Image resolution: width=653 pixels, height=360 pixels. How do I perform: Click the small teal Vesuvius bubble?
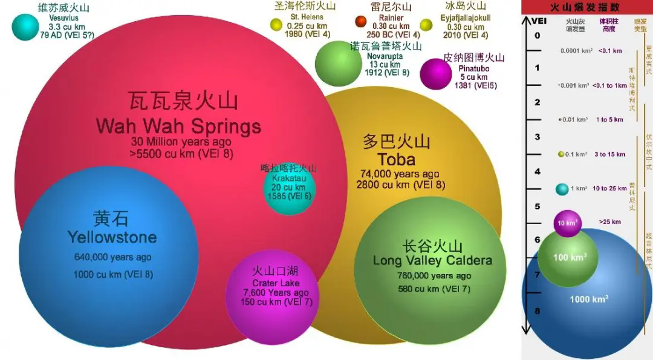tap(25, 27)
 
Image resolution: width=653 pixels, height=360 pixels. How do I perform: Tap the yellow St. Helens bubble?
tap(276, 25)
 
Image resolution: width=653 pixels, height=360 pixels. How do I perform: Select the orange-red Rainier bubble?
tap(361, 22)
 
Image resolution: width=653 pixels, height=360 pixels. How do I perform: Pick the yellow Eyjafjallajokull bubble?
tap(426, 25)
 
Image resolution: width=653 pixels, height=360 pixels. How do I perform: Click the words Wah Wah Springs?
tap(178, 126)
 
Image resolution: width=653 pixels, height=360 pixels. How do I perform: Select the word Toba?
tap(397, 160)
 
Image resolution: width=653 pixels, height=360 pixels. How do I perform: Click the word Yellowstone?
tap(112, 237)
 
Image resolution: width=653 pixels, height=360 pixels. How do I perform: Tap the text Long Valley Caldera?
tap(432, 261)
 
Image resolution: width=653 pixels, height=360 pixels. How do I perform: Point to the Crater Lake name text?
tap(276, 283)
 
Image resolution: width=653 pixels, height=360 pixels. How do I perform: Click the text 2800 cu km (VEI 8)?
tap(401, 185)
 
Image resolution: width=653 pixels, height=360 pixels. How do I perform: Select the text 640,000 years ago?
tap(112, 257)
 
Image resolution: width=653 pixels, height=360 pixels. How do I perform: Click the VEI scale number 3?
tap(538, 137)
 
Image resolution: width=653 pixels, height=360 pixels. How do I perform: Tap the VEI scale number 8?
tap(538, 311)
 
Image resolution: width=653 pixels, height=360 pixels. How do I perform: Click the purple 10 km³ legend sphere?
tap(567, 223)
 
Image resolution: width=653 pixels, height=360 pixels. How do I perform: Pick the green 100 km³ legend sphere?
tap(568, 258)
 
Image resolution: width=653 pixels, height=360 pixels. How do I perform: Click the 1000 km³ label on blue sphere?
tap(588, 299)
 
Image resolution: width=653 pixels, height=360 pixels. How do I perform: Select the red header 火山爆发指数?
tap(585, 8)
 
